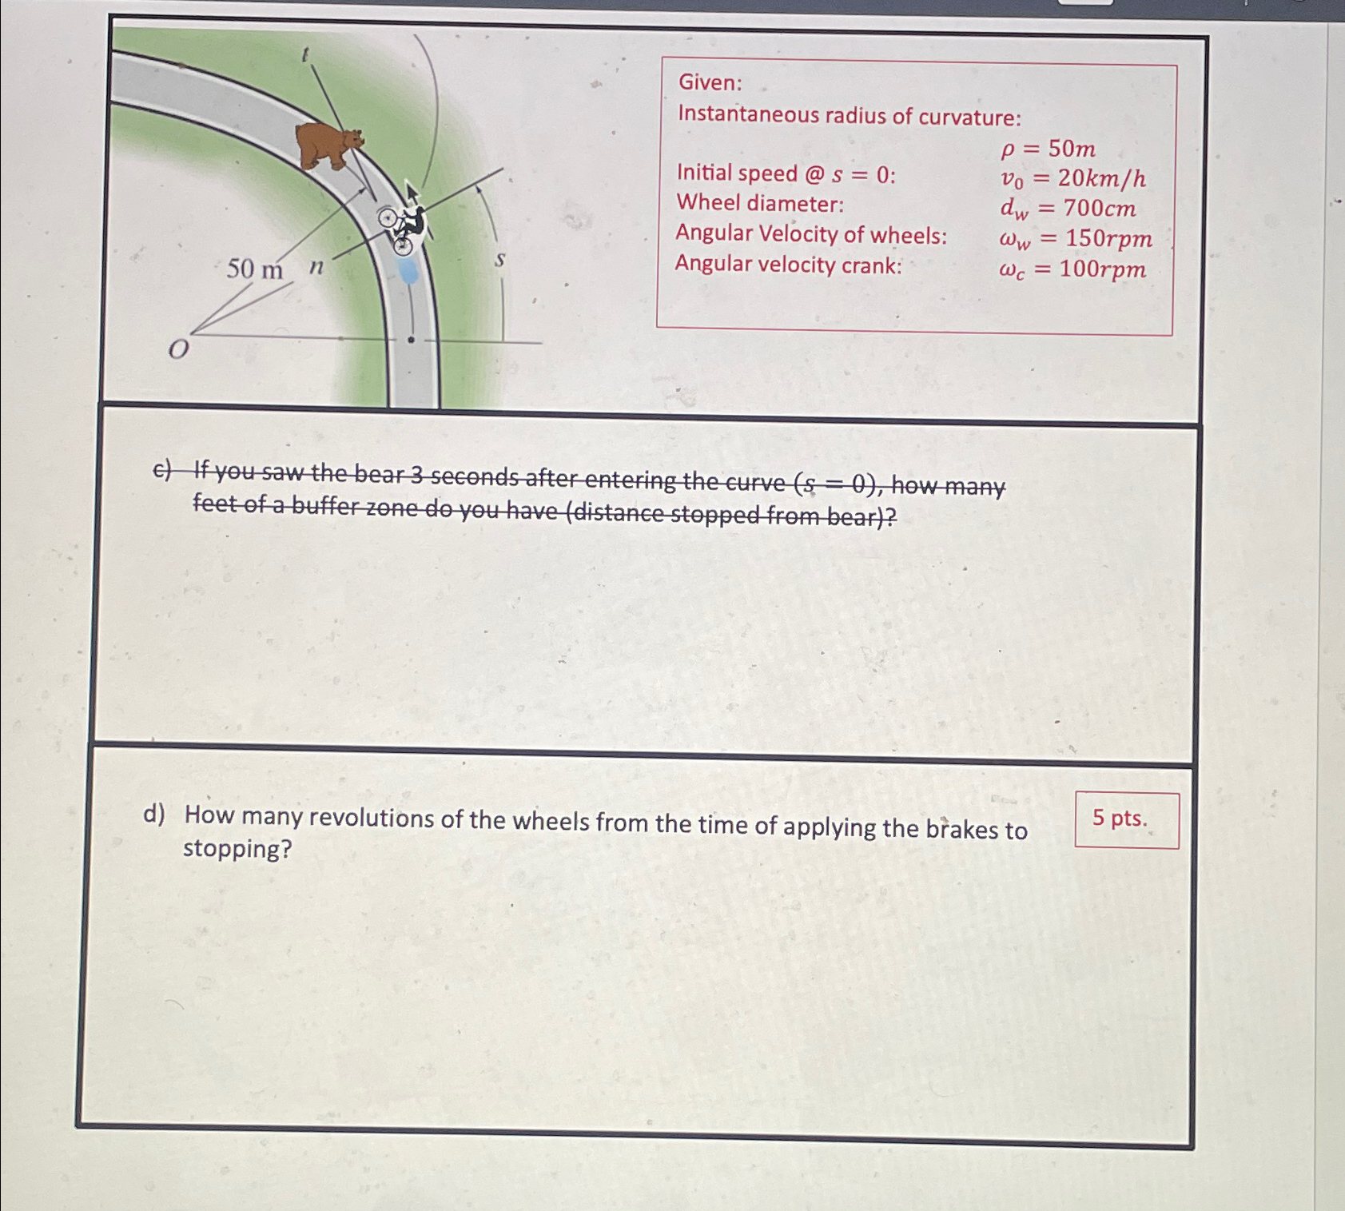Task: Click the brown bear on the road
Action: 328,145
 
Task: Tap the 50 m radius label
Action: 254,269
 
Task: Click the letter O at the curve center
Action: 178,349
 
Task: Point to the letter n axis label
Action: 316,266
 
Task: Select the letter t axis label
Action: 304,54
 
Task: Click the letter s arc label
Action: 500,260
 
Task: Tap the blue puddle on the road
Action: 408,273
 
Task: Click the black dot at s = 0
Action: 411,339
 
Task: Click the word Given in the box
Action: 710,82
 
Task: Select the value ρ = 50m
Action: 1048,148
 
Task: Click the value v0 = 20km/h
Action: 1072,178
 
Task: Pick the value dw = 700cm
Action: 1068,209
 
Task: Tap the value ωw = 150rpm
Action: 1076,238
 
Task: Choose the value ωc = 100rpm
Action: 1072,269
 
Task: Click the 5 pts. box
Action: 1126,819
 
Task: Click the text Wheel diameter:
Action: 760,204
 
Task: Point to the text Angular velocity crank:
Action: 788,265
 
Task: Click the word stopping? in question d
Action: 237,848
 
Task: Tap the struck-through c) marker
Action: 162,472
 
